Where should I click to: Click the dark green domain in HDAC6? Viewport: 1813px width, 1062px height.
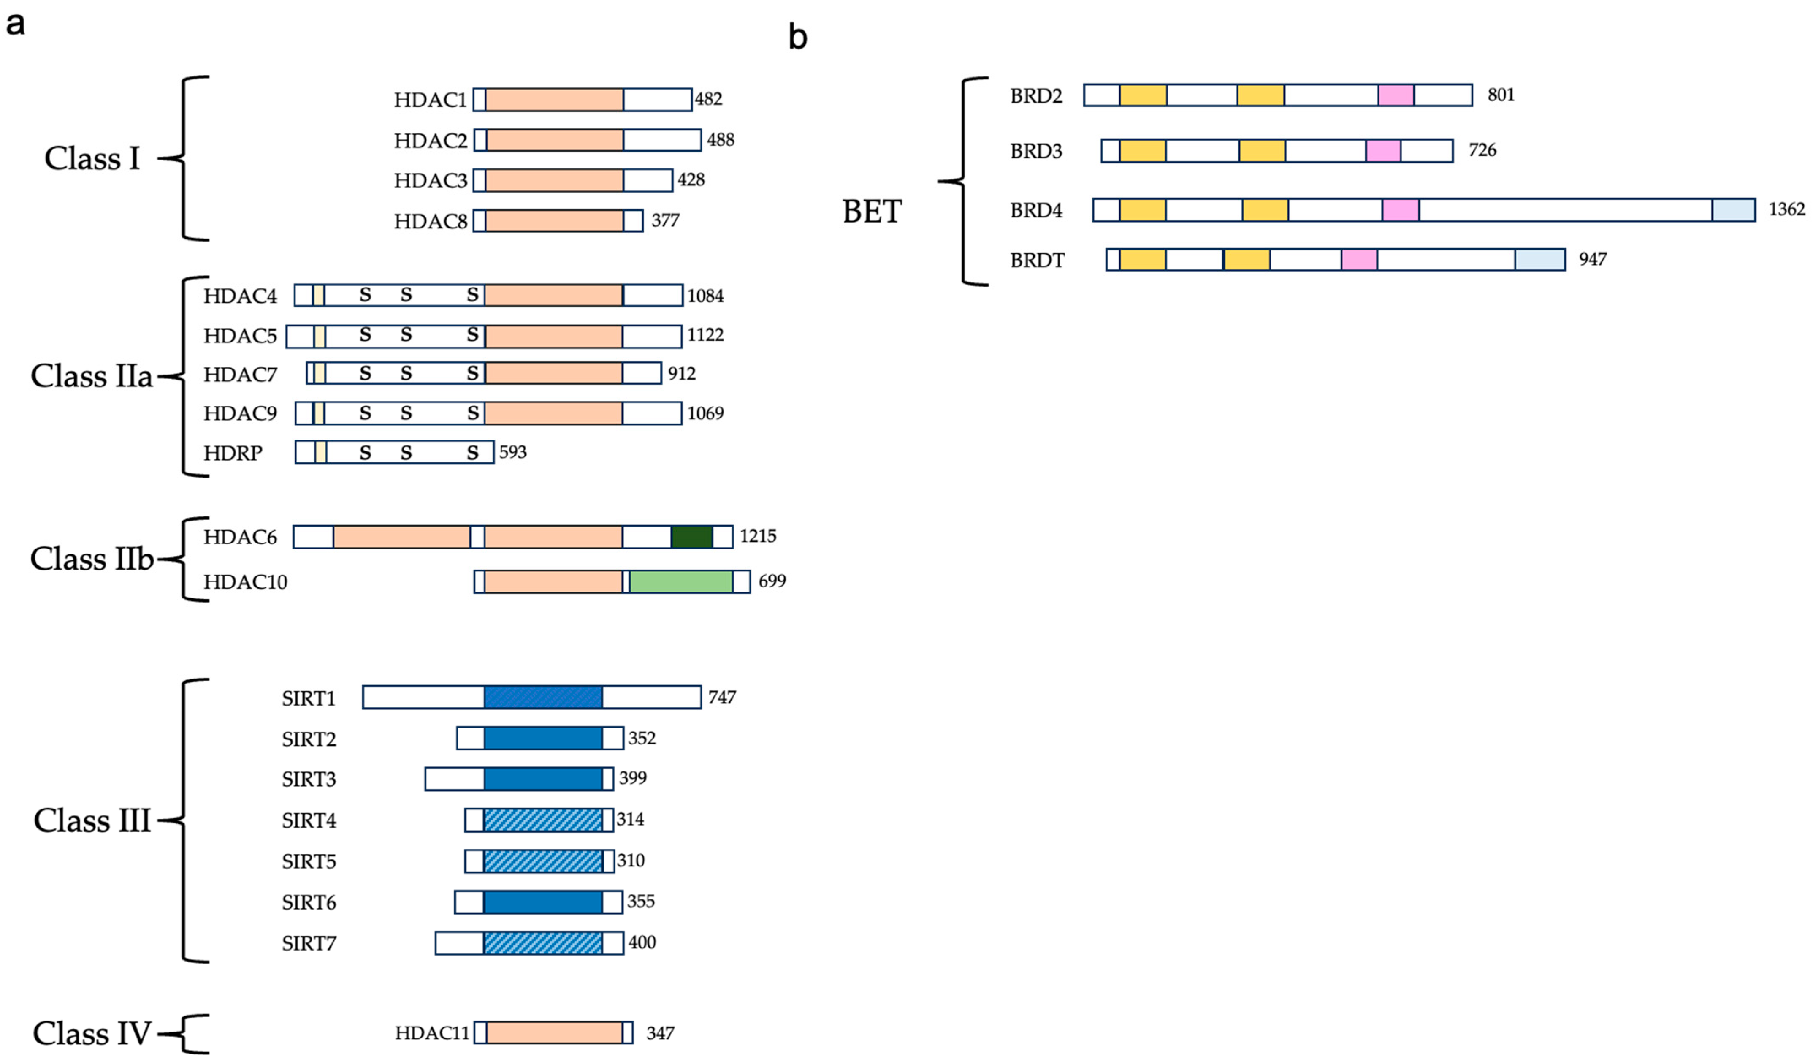point(691,537)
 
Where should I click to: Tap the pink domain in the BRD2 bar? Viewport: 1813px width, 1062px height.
point(1396,95)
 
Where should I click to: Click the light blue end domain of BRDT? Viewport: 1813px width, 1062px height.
point(1539,260)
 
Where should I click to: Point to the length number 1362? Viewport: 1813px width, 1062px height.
point(1786,209)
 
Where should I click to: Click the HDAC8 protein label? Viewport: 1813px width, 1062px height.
point(430,221)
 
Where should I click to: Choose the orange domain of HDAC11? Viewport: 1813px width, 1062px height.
point(554,1032)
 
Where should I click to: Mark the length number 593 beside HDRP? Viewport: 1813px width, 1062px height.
point(512,452)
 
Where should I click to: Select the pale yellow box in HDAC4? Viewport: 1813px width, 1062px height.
point(318,295)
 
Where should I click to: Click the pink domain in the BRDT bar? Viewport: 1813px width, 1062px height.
point(1359,260)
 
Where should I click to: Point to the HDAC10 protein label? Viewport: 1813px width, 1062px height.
point(245,581)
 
